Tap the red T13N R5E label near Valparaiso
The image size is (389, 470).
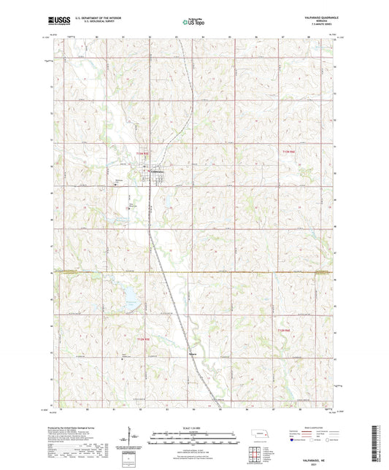pyautogui.click(x=142, y=153)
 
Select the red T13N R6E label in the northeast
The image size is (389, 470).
pyautogui.click(x=290, y=152)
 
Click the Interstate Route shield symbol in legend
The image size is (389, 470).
pyautogui.click(x=293, y=440)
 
